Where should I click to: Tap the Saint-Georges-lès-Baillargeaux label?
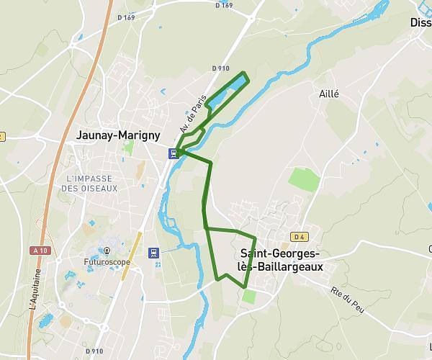coord(282,260)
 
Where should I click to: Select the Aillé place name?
coord(328,94)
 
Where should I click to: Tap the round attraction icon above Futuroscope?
coord(106,251)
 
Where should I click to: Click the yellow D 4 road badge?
coord(300,237)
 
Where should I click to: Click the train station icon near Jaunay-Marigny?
coord(174,153)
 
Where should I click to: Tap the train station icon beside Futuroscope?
coord(153,252)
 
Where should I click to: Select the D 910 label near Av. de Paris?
coord(221,68)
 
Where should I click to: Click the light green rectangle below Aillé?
coord(303,180)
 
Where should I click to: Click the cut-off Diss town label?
coord(420,22)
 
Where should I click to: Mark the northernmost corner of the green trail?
coord(245,73)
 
